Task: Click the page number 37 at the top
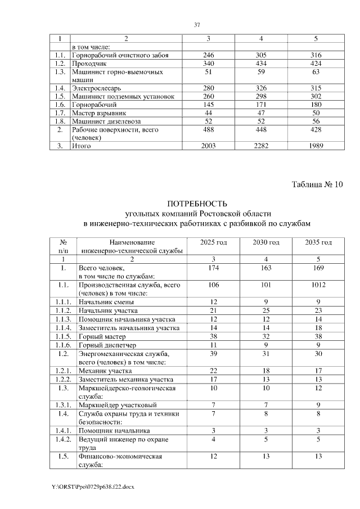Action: coord(197,25)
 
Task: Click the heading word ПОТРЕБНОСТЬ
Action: coord(197,204)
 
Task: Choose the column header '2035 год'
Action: coord(317,242)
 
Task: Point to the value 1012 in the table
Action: coord(317,285)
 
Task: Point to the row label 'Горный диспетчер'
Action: coord(107,344)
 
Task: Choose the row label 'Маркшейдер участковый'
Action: coord(117,405)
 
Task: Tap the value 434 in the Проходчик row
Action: coord(262,64)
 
